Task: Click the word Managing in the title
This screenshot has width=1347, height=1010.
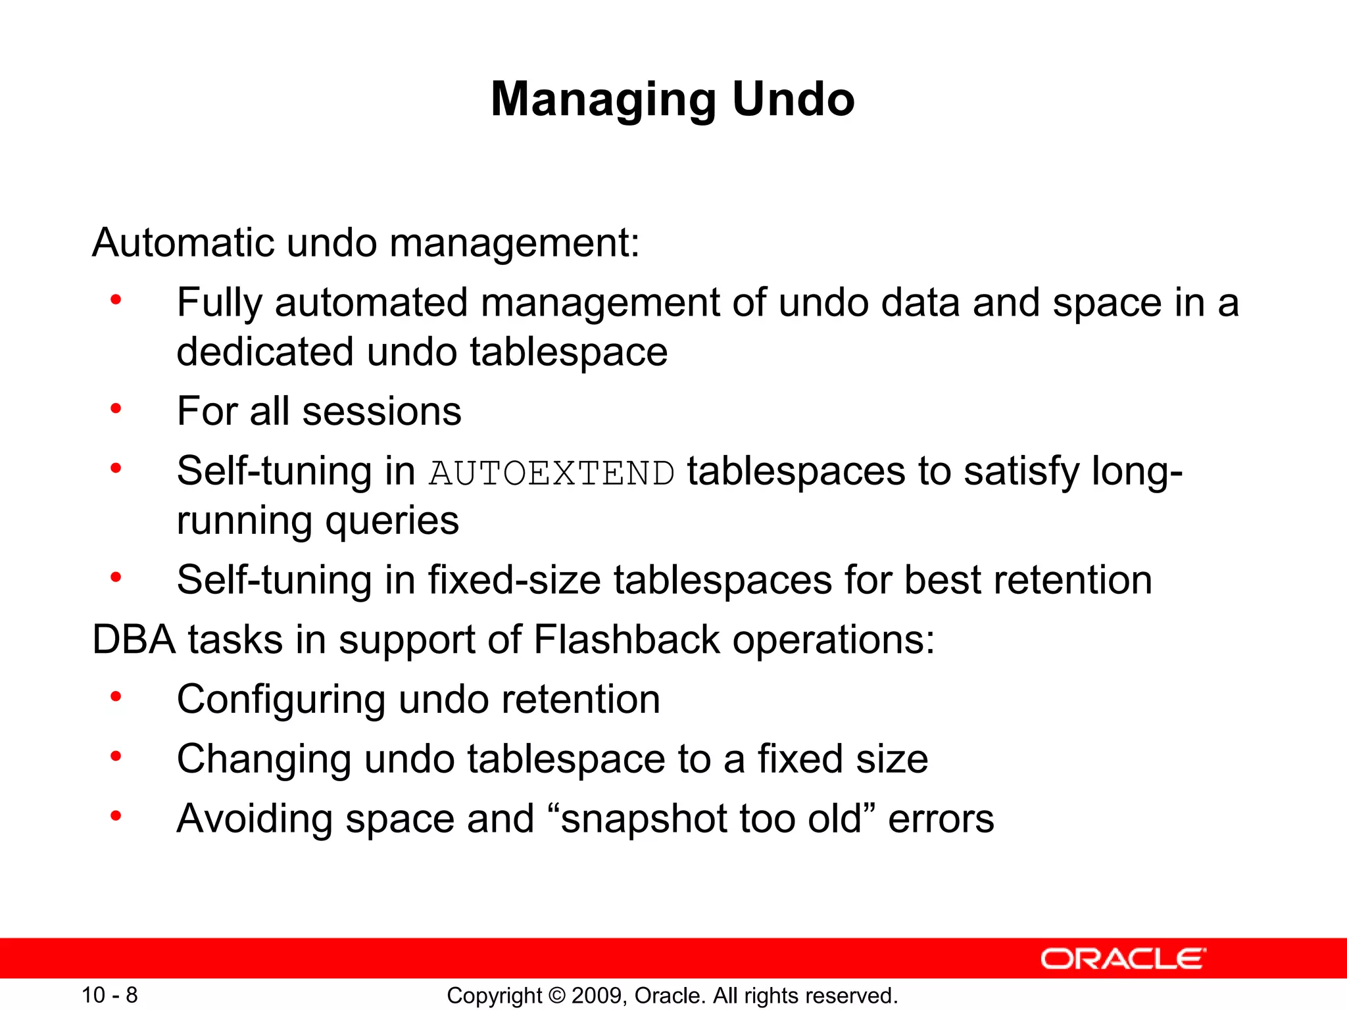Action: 604,101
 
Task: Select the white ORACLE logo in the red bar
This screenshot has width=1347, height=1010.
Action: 1123,959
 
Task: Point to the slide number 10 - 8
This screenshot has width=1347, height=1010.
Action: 109,995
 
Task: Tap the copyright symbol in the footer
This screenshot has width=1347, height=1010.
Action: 556,996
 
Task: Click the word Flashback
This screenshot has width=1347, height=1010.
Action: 627,639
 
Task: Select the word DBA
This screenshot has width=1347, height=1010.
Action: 134,639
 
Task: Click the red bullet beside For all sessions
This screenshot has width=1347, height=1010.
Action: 116,409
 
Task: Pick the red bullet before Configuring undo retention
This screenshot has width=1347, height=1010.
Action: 116,696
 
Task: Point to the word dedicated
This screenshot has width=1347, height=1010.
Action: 265,351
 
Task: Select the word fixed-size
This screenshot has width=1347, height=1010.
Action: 514,580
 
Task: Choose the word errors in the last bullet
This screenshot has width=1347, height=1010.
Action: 941,819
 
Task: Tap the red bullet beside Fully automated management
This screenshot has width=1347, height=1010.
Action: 116,301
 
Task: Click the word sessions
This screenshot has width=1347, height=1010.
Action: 381,412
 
